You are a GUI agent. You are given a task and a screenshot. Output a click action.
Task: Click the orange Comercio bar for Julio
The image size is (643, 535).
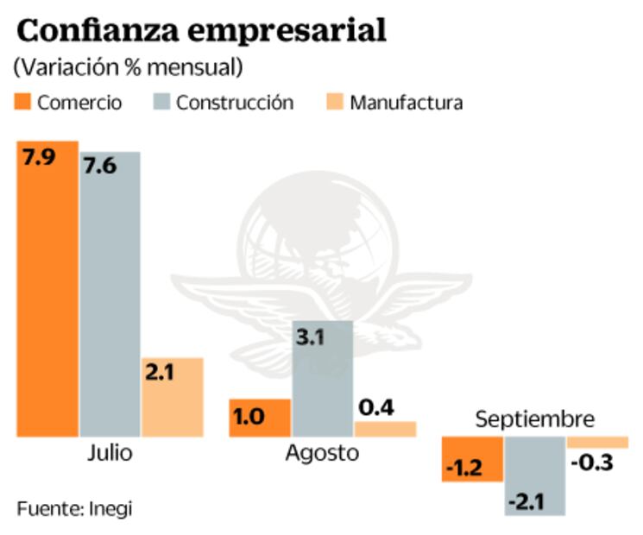pyautogui.click(x=47, y=288)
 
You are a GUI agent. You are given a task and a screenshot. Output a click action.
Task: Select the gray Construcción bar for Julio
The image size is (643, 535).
pyautogui.click(x=110, y=293)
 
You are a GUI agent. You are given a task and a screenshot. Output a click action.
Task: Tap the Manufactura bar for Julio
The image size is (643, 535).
pyautogui.click(x=172, y=397)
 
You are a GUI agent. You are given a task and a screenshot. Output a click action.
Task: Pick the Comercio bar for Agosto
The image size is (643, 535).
pyautogui.click(x=260, y=418)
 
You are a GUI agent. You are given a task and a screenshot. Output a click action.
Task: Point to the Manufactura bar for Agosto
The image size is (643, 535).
pyautogui.click(x=385, y=429)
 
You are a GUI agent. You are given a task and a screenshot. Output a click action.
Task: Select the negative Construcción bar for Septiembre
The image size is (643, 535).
pyautogui.click(x=534, y=475)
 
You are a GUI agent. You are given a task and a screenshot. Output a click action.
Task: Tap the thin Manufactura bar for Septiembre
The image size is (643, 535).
pyautogui.click(x=596, y=443)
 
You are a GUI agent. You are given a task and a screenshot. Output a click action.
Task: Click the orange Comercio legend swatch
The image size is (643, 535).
pyautogui.click(x=22, y=103)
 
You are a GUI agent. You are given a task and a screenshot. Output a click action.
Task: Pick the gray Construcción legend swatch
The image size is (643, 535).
pyautogui.click(x=161, y=103)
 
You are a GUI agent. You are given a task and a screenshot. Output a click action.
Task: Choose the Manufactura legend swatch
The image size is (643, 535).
pyautogui.click(x=334, y=103)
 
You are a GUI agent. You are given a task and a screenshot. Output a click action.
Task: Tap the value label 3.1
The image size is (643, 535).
pyautogui.click(x=309, y=337)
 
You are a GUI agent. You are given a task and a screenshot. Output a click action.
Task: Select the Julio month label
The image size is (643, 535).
pyautogui.click(x=110, y=453)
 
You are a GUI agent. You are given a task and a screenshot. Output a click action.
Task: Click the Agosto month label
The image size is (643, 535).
pyautogui.click(x=321, y=453)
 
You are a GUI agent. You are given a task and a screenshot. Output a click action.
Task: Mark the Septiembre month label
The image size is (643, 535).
pyautogui.click(x=535, y=419)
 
